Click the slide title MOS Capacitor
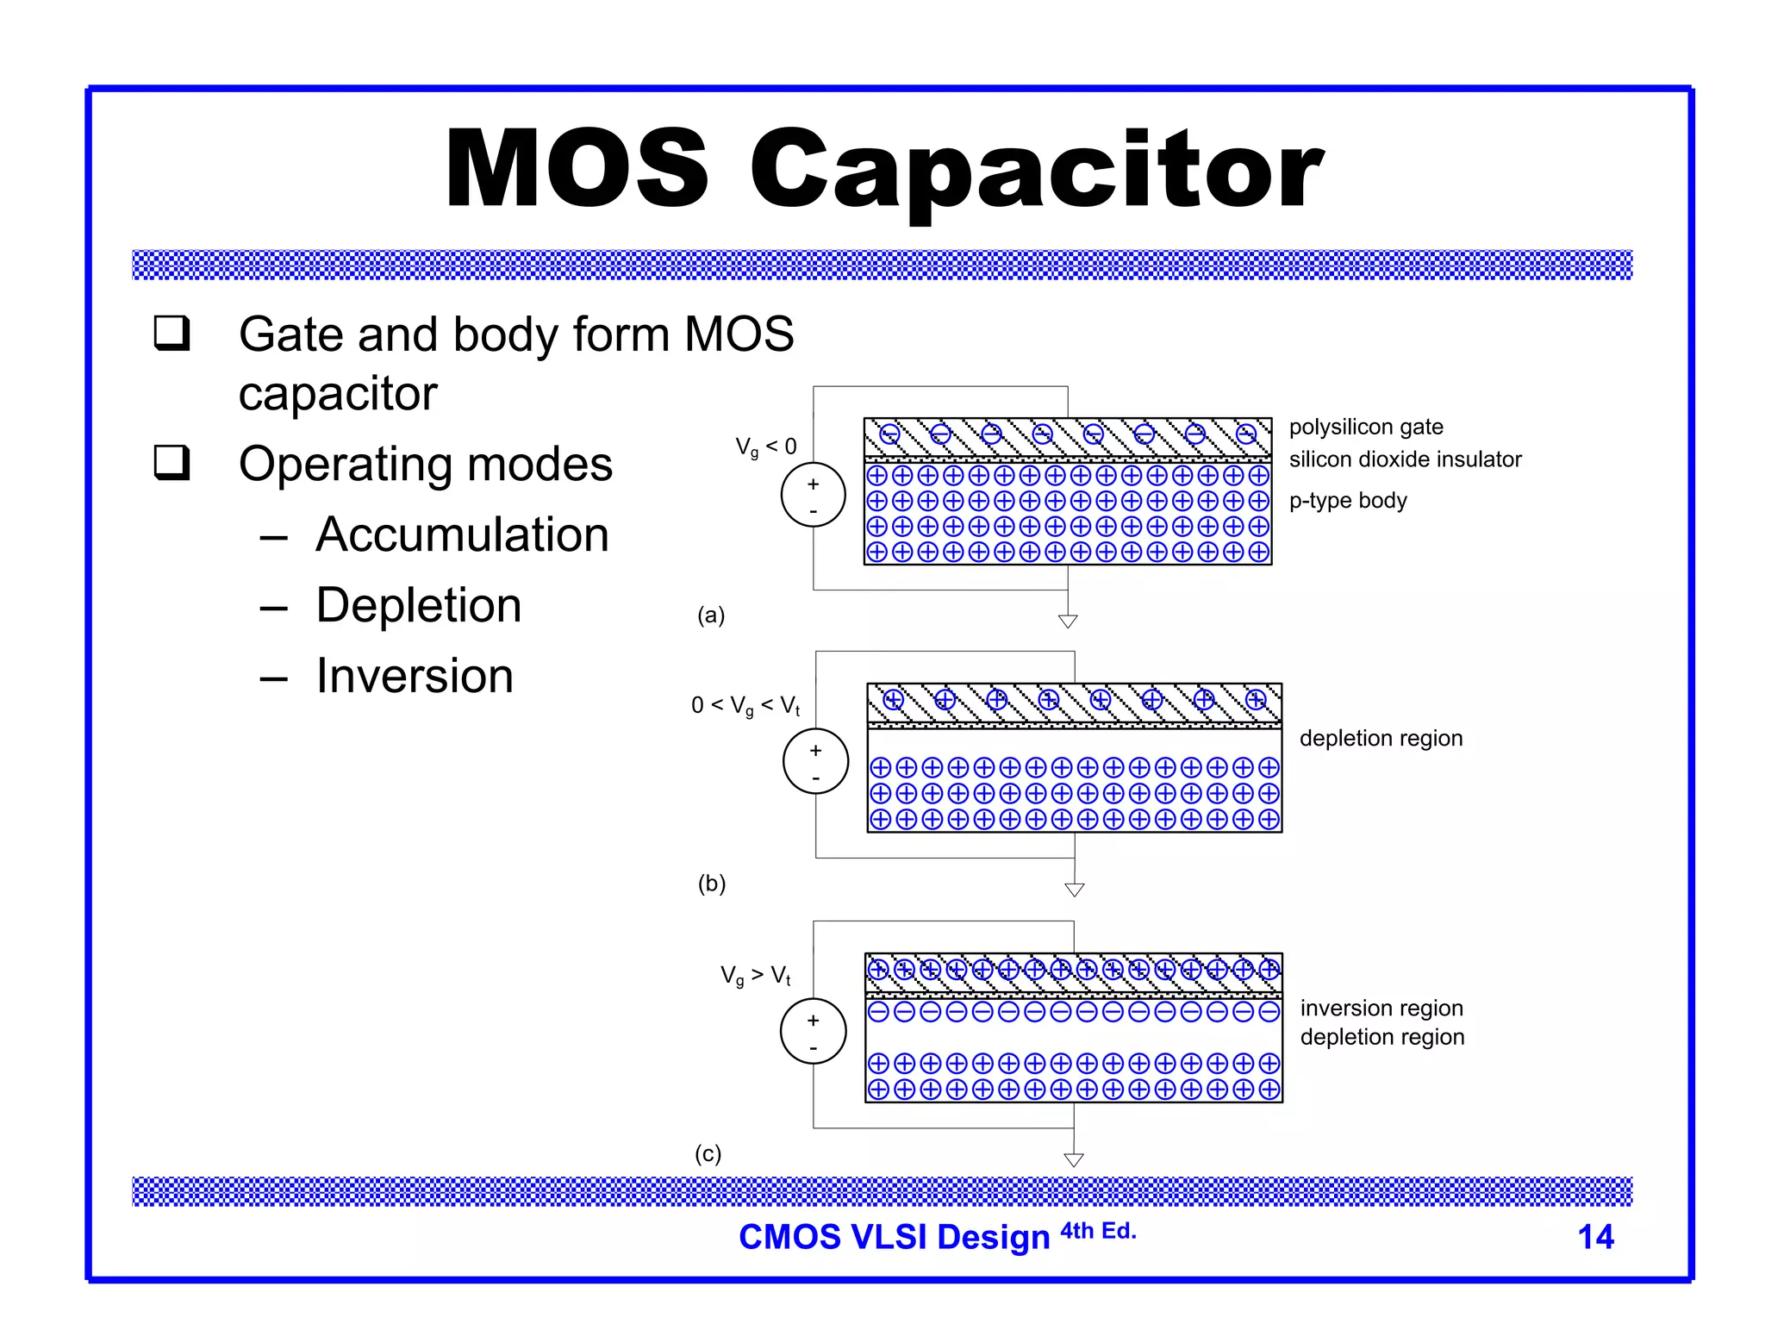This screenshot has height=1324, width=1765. (x=882, y=168)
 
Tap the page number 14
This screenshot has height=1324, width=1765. (x=1595, y=1237)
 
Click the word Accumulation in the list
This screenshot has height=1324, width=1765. (x=463, y=534)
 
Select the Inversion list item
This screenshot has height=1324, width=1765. (x=415, y=675)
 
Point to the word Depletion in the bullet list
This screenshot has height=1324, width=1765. (x=419, y=605)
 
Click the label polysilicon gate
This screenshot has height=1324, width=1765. (x=1366, y=428)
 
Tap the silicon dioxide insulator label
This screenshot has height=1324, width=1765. (x=1405, y=459)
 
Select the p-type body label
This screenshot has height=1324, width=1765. (x=1348, y=501)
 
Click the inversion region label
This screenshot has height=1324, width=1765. (x=1381, y=1008)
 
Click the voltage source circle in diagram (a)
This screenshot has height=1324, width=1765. (x=814, y=495)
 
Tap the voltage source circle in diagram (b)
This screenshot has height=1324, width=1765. (x=815, y=762)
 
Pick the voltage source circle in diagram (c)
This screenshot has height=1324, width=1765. (x=813, y=1031)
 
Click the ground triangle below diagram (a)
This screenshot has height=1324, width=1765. (x=1068, y=621)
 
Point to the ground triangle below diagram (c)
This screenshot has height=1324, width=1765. (x=1074, y=1159)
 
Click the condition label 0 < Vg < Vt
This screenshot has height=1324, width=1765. (x=745, y=706)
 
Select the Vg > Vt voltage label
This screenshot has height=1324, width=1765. (x=756, y=976)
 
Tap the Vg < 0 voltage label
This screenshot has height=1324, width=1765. (x=765, y=447)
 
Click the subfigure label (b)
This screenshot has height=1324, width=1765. (x=712, y=884)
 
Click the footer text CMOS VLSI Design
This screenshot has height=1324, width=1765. (x=894, y=1237)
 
